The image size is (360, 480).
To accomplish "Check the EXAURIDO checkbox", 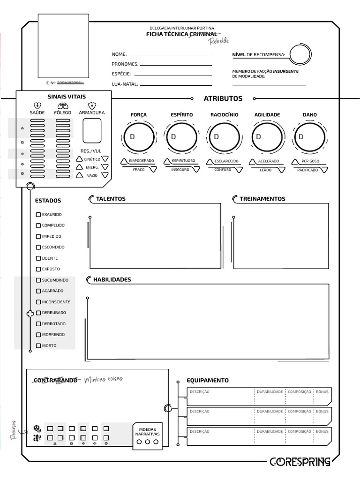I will coord(38,215).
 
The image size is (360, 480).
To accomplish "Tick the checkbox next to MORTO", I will coord(38,346).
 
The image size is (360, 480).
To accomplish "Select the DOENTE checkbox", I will coord(38,258).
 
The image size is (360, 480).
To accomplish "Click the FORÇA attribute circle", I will coord(139,137).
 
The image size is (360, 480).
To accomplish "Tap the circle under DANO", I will coord(309,137).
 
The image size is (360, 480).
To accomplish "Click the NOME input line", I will coord(169,55).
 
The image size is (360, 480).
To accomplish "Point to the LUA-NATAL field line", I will coord(176,85).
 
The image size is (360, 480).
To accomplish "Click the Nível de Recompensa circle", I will coord(300,55).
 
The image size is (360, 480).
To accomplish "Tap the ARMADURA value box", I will coord(92,130).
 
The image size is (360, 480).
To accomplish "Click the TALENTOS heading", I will coord(111,199).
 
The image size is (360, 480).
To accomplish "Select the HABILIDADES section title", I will coord(112,280).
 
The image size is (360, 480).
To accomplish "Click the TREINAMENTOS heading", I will coord(262,199).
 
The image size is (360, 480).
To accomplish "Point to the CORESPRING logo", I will coord(300,462).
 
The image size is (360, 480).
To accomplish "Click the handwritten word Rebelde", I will coord(219,41).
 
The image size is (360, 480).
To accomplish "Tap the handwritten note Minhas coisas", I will coord(104,379).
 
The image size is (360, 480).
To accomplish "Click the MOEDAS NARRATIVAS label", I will coord(148,432).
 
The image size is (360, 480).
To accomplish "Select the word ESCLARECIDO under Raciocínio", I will coord(226,161).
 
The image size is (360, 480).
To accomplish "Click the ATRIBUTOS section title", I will coord(223,98).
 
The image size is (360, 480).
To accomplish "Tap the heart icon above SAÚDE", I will coord(37,105).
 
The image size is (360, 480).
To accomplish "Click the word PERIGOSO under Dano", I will coord(310,161).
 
